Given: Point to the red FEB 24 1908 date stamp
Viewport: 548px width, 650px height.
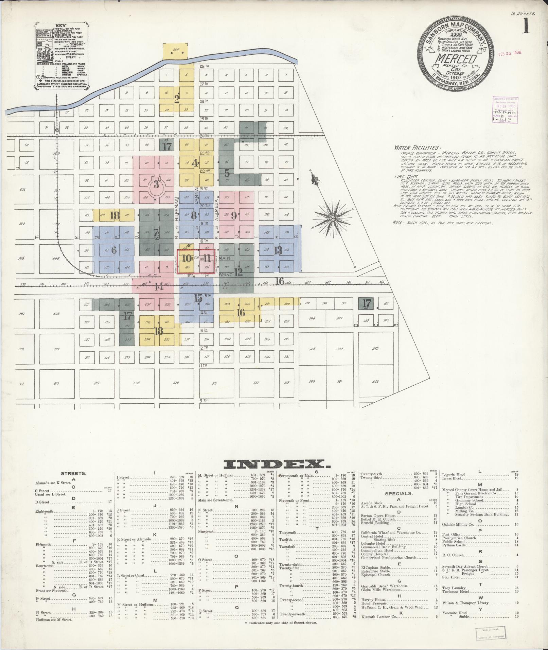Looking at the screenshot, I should coord(510,53).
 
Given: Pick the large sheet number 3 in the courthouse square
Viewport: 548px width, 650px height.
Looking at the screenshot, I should coord(156,185).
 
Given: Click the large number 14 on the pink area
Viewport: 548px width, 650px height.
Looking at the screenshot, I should coord(159,287).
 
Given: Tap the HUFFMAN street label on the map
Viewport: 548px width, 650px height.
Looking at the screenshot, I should coord(177,209).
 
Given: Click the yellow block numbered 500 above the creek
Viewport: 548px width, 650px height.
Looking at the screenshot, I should coord(175,50).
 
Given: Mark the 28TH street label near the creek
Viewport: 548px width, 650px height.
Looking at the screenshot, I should coord(205,66).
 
